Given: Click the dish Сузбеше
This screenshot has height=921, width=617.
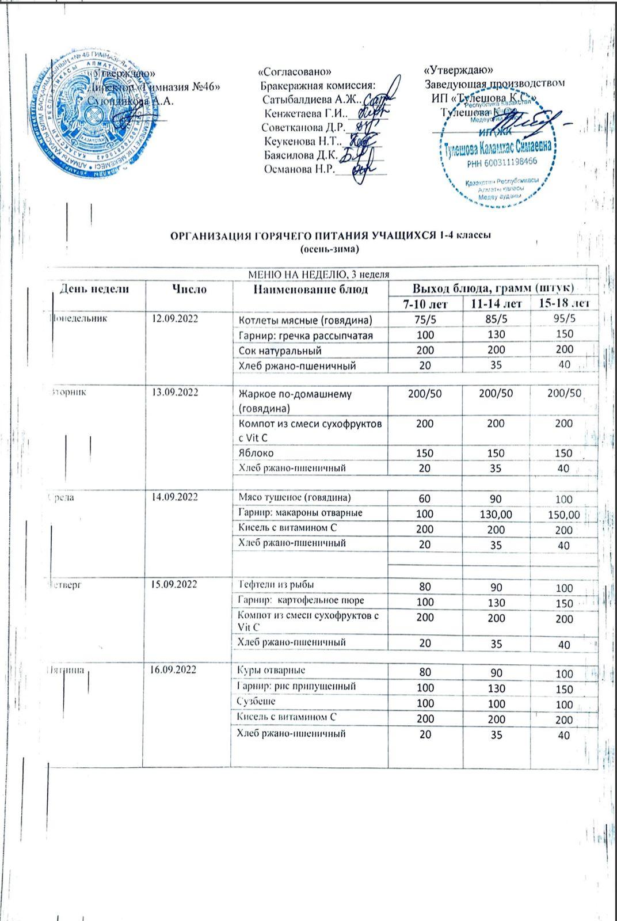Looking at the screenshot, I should [x=257, y=701].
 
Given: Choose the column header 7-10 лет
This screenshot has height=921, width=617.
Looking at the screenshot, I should [x=424, y=303].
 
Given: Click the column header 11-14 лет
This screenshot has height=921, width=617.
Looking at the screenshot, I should [x=497, y=303].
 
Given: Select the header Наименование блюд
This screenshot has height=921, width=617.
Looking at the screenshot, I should [x=310, y=289].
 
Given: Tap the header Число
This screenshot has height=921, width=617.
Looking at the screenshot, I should [x=189, y=288].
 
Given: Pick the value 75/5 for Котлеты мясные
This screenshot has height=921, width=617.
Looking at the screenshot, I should [x=424, y=319].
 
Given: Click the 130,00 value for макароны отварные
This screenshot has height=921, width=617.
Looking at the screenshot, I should [x=497, y=515].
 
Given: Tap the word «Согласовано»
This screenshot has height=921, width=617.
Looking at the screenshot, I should [x=295, y=72].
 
